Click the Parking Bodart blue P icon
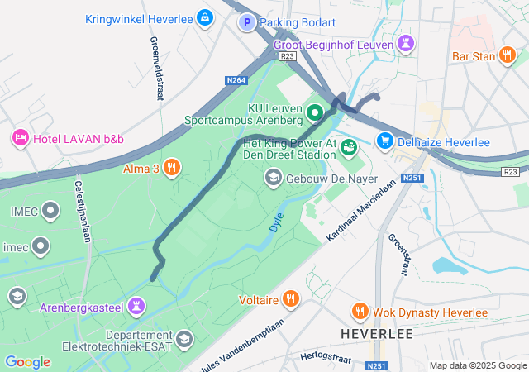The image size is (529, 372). tap(247, 23)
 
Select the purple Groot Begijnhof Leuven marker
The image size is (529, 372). tap(405, 43)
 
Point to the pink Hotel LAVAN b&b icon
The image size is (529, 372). tap(20, 138)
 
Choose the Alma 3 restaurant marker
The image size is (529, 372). tap(172, 168)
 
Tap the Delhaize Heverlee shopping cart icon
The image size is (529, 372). tap(384, 141)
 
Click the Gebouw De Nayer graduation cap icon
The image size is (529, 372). tap(273, 178)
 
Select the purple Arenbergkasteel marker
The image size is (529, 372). tap(136, 308)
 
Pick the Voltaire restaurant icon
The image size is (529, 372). tap(290, 299)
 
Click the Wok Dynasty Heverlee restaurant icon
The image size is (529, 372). tap(360, 311)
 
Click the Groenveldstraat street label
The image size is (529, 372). tap(155, 69)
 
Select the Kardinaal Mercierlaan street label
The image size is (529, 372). tap(357, 212)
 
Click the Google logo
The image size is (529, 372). tap(27, 362)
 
